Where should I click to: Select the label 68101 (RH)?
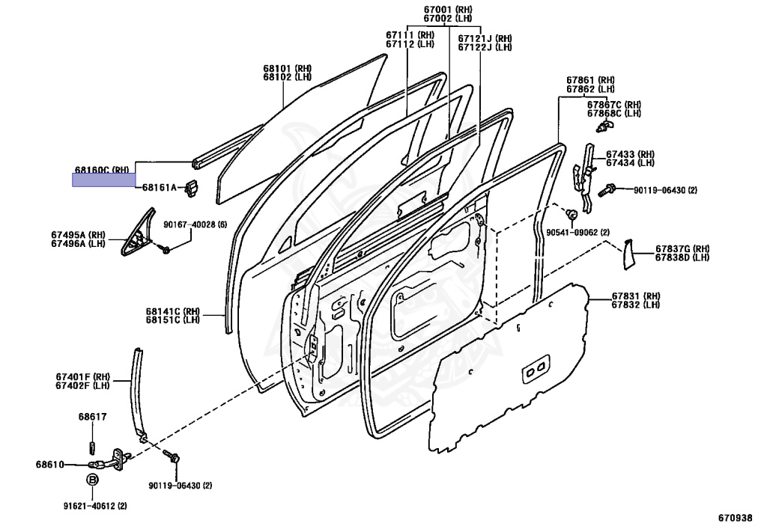[287, 68]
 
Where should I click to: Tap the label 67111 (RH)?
[410, 34]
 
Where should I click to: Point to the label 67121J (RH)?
[485, 38]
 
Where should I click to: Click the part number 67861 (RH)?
[590, 79]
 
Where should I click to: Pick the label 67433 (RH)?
[630, 153]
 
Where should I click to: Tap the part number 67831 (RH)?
[636, 296]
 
